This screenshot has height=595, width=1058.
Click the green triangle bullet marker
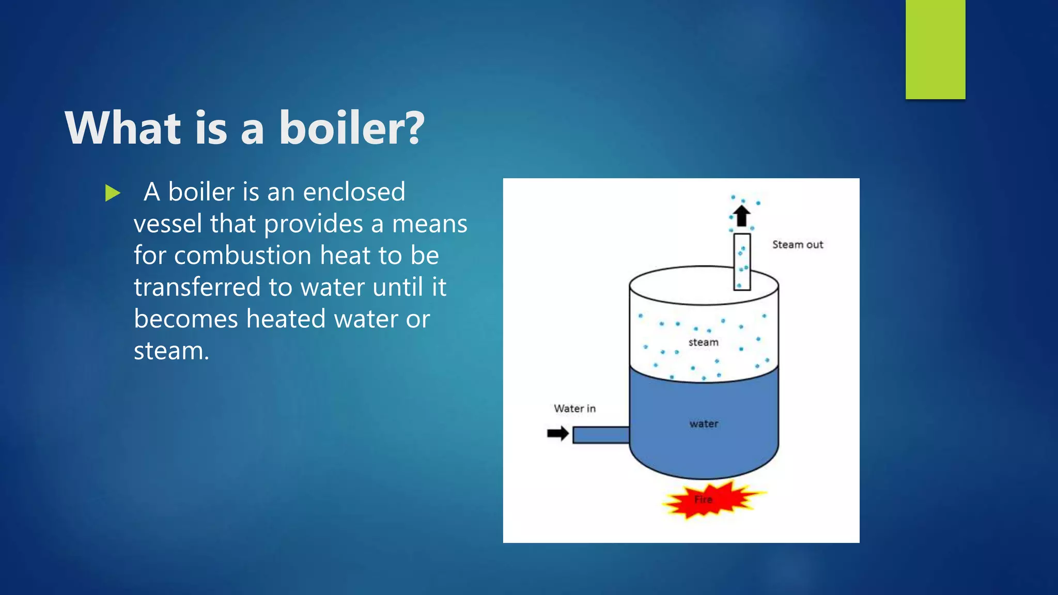[x=112, y=193]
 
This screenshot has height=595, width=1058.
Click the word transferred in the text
[x=197, y=287]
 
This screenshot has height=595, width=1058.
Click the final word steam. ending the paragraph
[x=172, y=351]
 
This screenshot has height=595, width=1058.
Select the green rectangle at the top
[x=935, y=49]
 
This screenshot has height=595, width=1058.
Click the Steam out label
[x=797, y=245]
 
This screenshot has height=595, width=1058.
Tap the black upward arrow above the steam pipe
[x=742, y=215]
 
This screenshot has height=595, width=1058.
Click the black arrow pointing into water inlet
[x=557, y=433]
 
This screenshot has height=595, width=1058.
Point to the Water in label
[x=574, y=409]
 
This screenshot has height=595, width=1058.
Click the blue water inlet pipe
[x=601, y=435]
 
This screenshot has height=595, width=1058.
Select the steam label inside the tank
[x=703, y=342]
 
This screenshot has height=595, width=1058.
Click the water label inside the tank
[x=704, y=424]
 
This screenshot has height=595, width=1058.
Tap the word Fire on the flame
[x=703, y=499]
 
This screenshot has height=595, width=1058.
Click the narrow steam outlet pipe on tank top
[x=742, y=261]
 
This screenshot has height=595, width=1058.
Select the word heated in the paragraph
[x=286, y=319]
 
